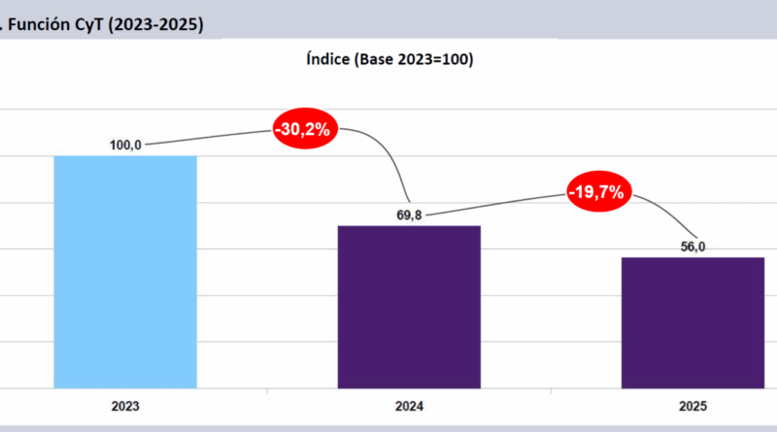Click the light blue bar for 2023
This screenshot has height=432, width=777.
[x=125, y=272]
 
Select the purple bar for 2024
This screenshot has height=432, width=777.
[x=409, y=307]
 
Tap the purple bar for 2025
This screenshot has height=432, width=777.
[x=693, y=322]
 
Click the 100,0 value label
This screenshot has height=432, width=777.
[x=126, y=145]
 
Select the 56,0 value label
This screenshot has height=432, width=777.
[x=693, y=247]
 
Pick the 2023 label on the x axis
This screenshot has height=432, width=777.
[x=125, y=408]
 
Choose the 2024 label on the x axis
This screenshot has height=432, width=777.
[x=409, y=408]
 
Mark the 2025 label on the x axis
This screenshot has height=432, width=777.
[x=693, y=408]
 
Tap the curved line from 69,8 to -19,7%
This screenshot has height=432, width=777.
[x=495, y=206]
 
